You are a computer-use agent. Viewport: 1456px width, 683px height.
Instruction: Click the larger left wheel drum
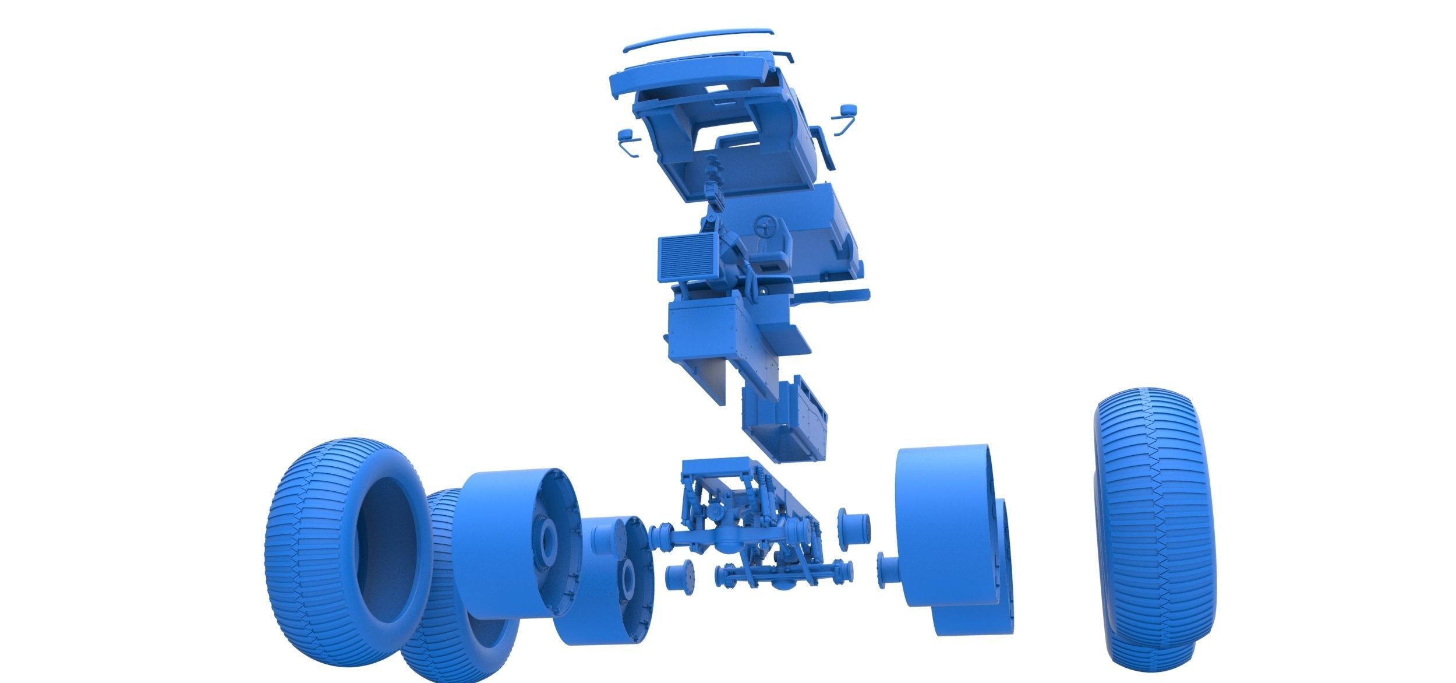(x=513, y=524)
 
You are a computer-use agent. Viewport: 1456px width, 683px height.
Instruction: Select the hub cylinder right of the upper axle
(x=853, y=524)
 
